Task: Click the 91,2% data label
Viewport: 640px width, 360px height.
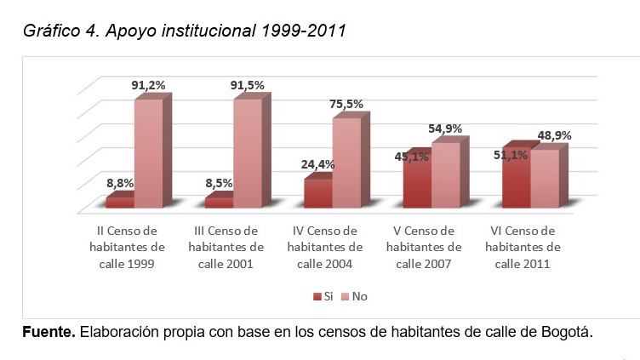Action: click(x=148, y=84)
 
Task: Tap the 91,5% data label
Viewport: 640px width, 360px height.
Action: click(x=248, y=85)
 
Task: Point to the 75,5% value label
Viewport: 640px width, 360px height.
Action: click(x=346, y=104)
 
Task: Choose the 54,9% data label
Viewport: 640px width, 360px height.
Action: click(x=445, y=129)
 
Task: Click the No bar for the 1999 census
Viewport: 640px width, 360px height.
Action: click(x=147, y=153)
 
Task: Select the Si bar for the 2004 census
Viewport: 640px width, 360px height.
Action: click(x=317, y=193)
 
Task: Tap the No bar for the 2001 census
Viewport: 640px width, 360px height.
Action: click(x=247, y=153)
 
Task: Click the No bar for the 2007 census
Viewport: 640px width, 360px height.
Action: click(x=445, y=174)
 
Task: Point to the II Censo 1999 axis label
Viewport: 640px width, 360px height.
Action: click(x=125, y=247)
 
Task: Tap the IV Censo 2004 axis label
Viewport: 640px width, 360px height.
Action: click(x=325, y=247)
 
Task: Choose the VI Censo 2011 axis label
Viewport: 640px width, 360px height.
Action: click(x=523, y=247)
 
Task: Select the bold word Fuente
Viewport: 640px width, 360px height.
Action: click(x=49, y=330)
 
